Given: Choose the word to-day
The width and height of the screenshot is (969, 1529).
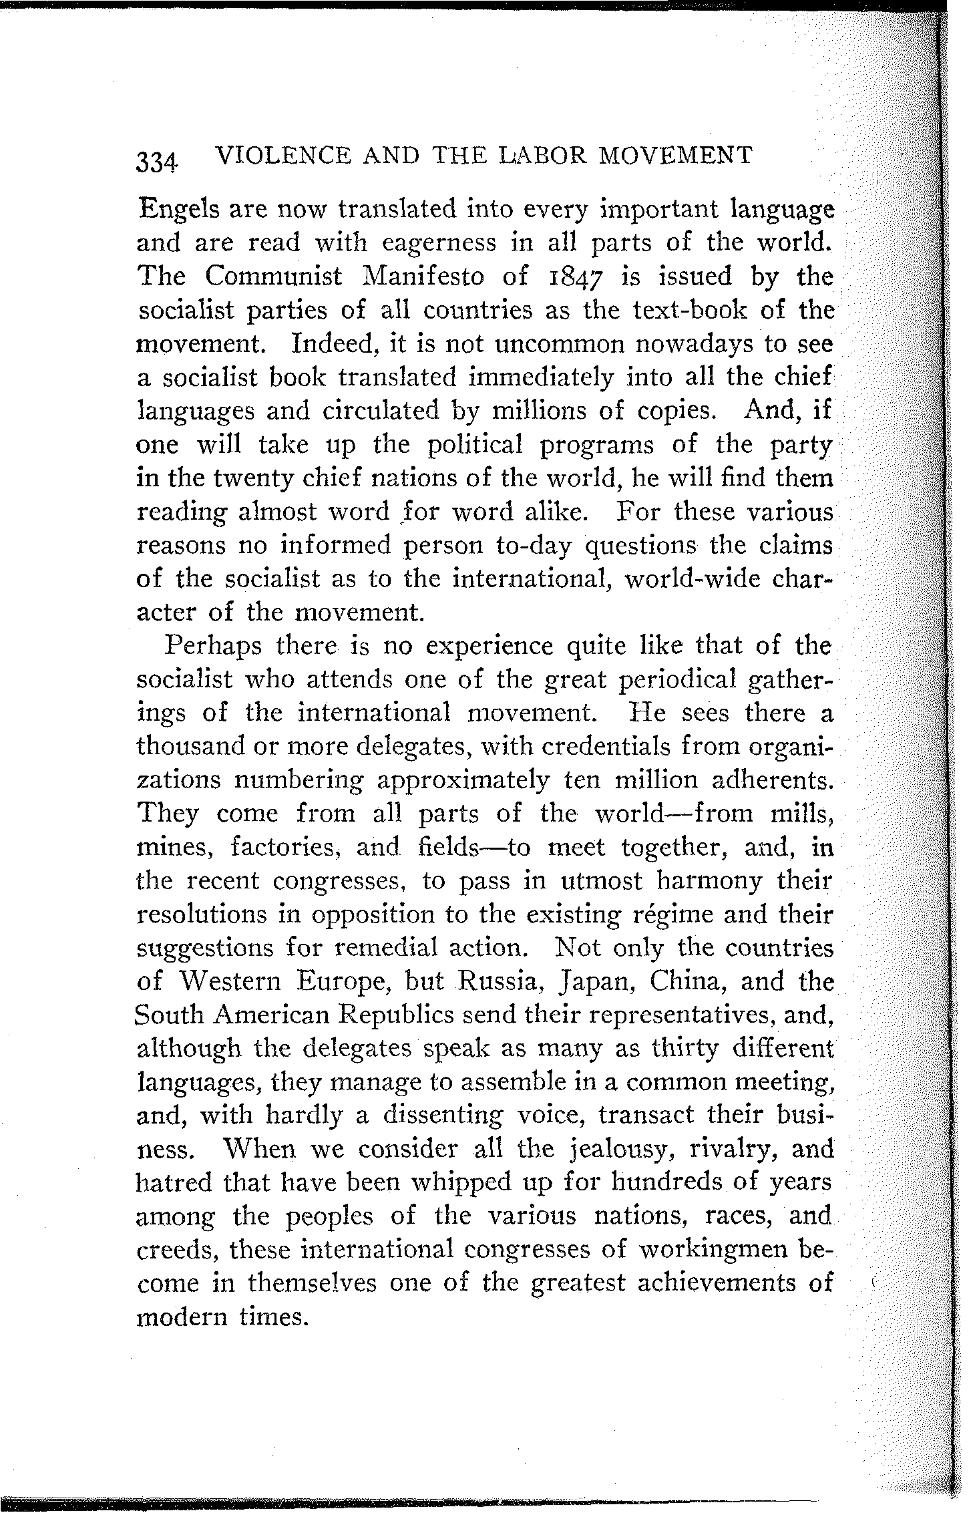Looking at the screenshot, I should coord(535,546).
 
